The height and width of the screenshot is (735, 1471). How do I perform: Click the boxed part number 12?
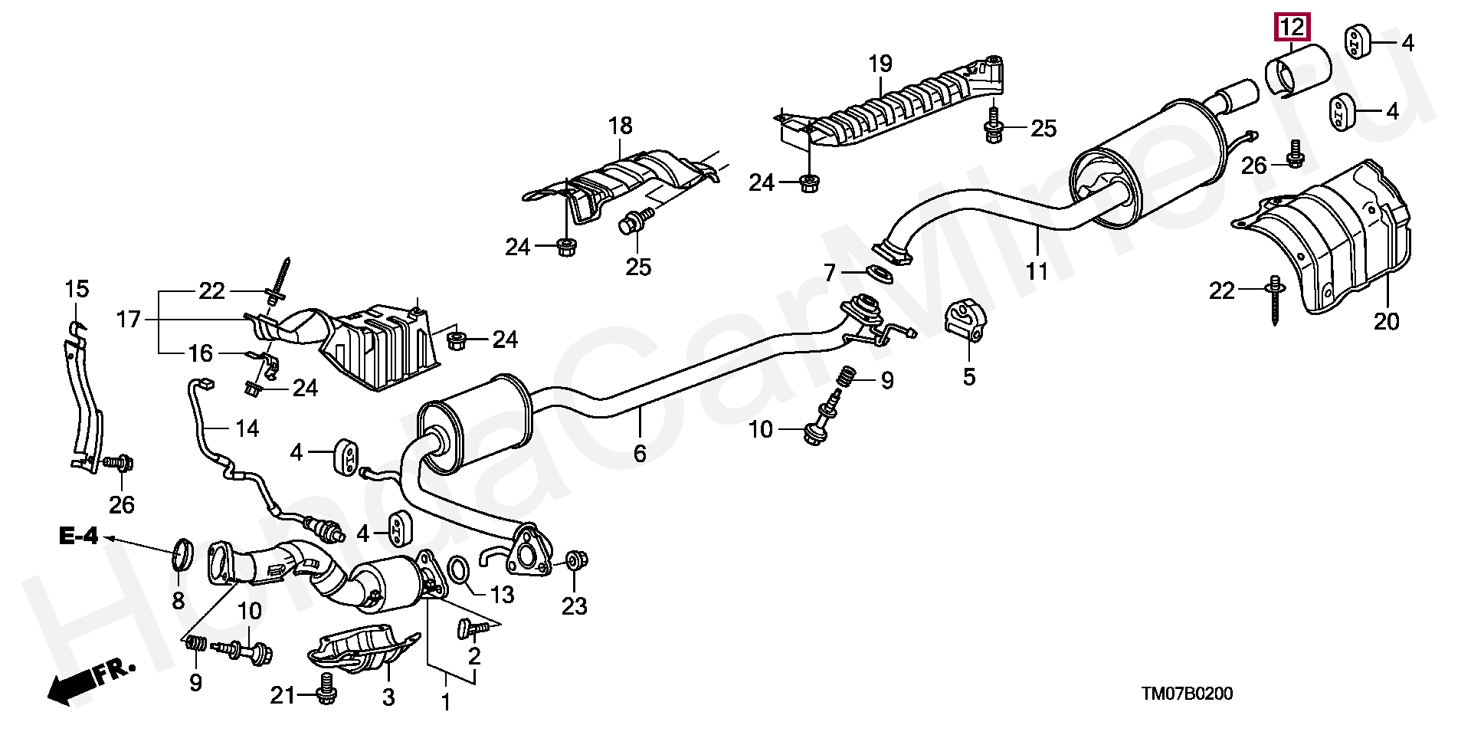point(1292,28)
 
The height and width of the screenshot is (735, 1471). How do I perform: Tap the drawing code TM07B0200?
point(1187,694)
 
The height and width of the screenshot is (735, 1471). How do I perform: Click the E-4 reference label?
point(79,536)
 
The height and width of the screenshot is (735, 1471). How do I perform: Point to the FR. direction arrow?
point(90,681)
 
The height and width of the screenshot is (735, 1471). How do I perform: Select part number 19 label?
point(880,64)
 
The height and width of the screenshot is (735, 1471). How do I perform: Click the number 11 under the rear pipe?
point(1037,271)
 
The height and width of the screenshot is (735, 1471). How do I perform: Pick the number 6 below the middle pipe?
point(640,454)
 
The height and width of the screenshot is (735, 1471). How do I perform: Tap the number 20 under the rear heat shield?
point(1386,321)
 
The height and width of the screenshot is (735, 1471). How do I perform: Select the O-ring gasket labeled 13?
point(458,570)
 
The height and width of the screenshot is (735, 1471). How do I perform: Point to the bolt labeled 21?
point(327,687)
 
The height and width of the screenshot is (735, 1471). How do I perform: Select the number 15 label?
point(77,289)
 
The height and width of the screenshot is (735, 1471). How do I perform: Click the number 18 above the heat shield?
point(621,125)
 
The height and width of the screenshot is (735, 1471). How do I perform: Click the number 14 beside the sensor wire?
point(247,428)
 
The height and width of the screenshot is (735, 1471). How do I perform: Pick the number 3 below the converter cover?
point(388,697)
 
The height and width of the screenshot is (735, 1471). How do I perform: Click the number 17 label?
point(129,319)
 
